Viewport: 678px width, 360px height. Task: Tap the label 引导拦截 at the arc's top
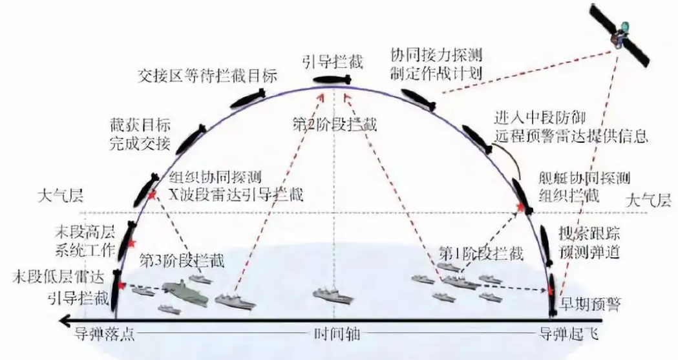(x=333, y=62)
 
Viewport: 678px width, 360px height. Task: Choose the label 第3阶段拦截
(x=182, y=260)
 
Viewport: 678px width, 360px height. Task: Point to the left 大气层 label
(x=57, y=194)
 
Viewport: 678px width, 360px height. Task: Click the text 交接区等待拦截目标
(x=207, y=76)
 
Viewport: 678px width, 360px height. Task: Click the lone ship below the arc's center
(x=333, y=297)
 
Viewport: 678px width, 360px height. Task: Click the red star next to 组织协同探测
(x=152, y=195)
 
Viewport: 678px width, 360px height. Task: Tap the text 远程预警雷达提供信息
(x=571, y=137)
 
